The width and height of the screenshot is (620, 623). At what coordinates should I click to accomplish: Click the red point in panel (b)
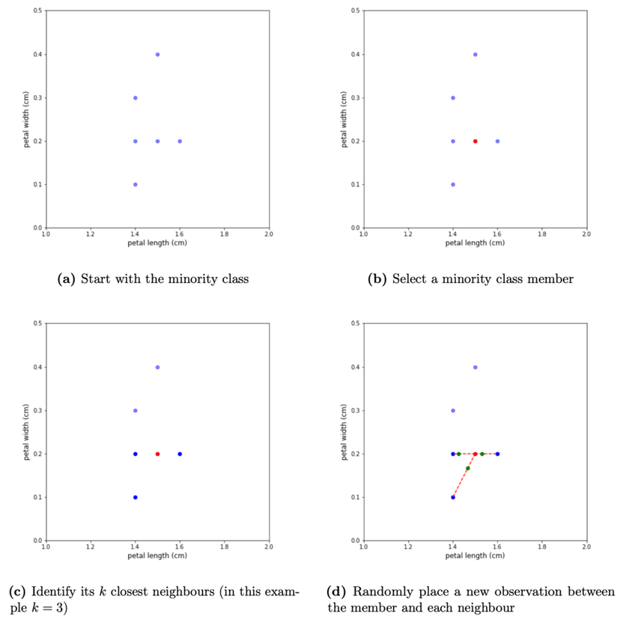point(475,141)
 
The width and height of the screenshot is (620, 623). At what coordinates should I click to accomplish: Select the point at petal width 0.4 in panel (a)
point(157,54)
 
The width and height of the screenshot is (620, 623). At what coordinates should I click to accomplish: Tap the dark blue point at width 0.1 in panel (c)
point(135,497)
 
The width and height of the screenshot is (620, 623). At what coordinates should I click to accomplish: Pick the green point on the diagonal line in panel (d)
point(468,469)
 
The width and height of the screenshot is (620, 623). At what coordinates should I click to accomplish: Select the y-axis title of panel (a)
point(27,120)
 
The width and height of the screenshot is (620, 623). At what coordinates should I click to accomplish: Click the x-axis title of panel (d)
point(475,556)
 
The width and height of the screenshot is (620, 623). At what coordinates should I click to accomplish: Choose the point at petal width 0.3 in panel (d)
point(453,410)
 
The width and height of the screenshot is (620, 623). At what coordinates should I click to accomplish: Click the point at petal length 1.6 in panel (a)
point(180,141)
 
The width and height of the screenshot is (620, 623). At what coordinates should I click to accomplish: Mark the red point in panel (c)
point(157,454)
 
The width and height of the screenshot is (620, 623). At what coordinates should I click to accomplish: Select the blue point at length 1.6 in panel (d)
point(497,454)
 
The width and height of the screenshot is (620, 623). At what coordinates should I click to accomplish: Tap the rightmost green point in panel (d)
point(482,454)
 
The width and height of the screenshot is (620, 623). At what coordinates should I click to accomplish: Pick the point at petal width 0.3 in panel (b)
point(453,97)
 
